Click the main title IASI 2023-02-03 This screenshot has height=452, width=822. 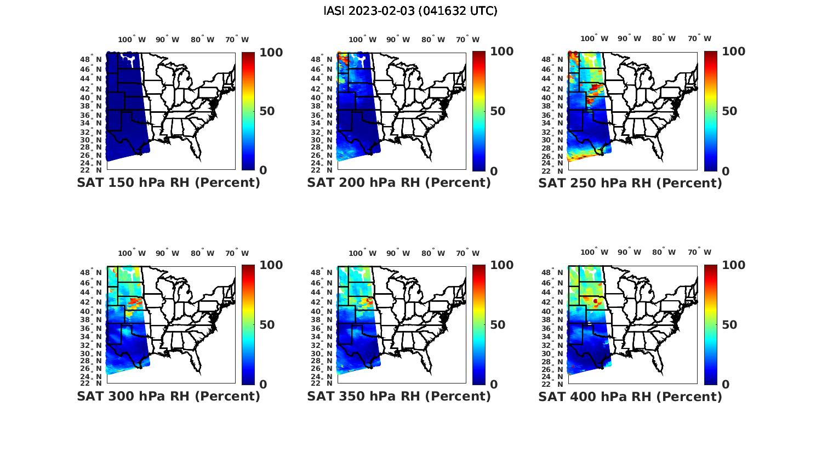410,11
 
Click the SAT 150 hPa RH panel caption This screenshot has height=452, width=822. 168,183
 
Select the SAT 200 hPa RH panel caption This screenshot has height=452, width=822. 399,183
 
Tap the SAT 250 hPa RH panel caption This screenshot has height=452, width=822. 630,183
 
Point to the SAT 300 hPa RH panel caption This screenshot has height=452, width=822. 168,396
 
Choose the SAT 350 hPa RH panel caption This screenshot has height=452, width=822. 399,396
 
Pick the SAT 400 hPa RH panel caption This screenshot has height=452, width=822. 630,396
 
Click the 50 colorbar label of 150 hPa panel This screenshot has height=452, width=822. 267,111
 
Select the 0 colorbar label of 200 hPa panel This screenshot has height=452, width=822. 494,171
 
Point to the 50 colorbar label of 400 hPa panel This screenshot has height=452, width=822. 729,325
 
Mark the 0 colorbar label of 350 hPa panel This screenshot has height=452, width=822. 494,385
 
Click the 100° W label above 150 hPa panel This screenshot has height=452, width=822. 132,39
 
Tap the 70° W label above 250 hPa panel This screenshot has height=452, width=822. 699,38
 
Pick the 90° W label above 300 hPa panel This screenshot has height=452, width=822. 167,253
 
